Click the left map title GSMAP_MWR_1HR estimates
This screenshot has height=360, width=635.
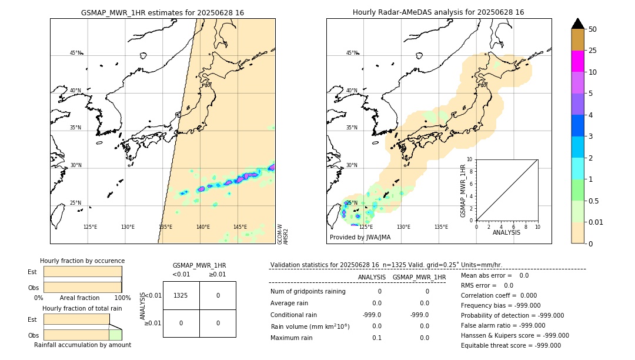162,12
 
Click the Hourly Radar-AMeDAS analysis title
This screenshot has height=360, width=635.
438,12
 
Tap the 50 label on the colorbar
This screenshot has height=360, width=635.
593,29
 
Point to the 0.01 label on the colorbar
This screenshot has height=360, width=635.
595,222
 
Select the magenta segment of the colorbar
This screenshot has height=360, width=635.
577,61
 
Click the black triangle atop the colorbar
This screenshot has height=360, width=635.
577,24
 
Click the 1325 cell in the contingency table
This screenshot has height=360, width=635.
181,295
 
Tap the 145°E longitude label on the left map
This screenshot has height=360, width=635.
240,227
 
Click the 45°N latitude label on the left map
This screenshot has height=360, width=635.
76,53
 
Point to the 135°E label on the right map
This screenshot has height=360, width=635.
441,227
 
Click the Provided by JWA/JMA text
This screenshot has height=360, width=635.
360,238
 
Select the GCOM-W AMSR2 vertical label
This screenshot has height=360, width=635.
283,233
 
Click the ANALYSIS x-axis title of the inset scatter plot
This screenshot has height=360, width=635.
506,232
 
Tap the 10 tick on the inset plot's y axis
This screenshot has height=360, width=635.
470,159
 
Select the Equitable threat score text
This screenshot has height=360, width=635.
511,345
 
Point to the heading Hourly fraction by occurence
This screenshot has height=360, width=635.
82,261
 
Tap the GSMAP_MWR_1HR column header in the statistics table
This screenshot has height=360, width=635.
419,277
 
